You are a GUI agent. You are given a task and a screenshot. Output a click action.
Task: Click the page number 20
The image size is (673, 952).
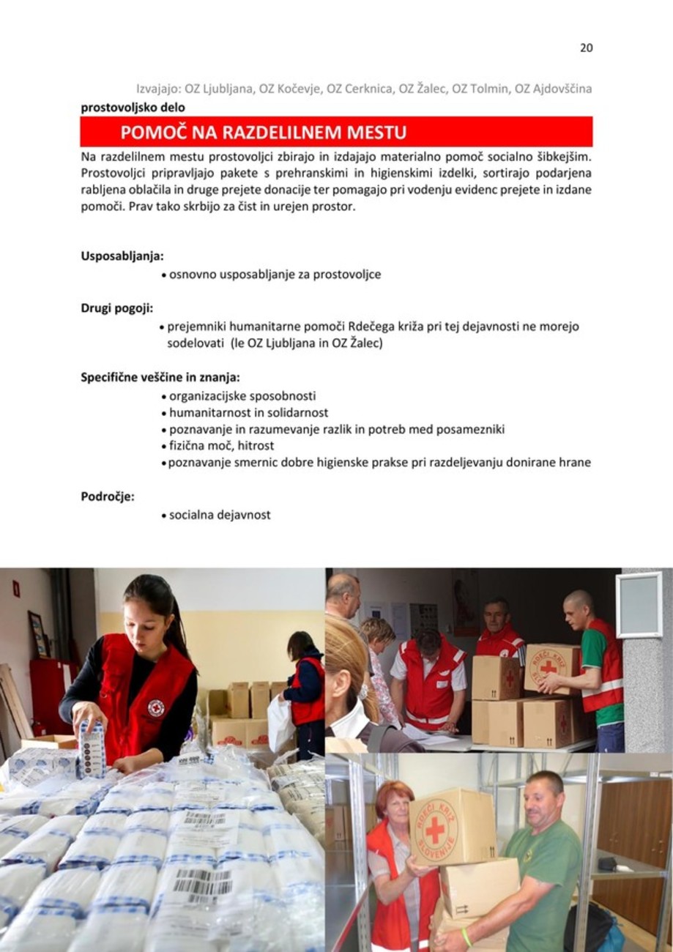coord(586,48)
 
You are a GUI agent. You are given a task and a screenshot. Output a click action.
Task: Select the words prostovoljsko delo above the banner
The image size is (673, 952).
coord(133,108)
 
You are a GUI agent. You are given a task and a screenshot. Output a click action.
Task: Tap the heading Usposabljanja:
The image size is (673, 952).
coord(122,256)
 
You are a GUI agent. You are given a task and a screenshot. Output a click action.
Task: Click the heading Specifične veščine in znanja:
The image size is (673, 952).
coord(160,378)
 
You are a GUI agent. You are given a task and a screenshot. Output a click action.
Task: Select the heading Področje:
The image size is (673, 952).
coord(108,497)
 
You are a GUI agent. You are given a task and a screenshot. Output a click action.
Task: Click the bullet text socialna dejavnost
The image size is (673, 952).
coord(220,515)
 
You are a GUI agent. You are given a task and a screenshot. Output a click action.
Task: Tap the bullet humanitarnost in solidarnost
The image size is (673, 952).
coord(248,413)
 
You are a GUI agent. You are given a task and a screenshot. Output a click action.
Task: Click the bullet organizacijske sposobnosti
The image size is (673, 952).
coord(242,396)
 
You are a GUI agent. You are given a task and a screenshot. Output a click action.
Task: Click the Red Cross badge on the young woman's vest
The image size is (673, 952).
coord(155,707)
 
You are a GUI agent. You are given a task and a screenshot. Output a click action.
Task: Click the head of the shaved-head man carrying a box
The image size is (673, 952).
coord(578,606)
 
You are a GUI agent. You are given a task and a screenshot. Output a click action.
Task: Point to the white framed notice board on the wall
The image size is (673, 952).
coord(639,605)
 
